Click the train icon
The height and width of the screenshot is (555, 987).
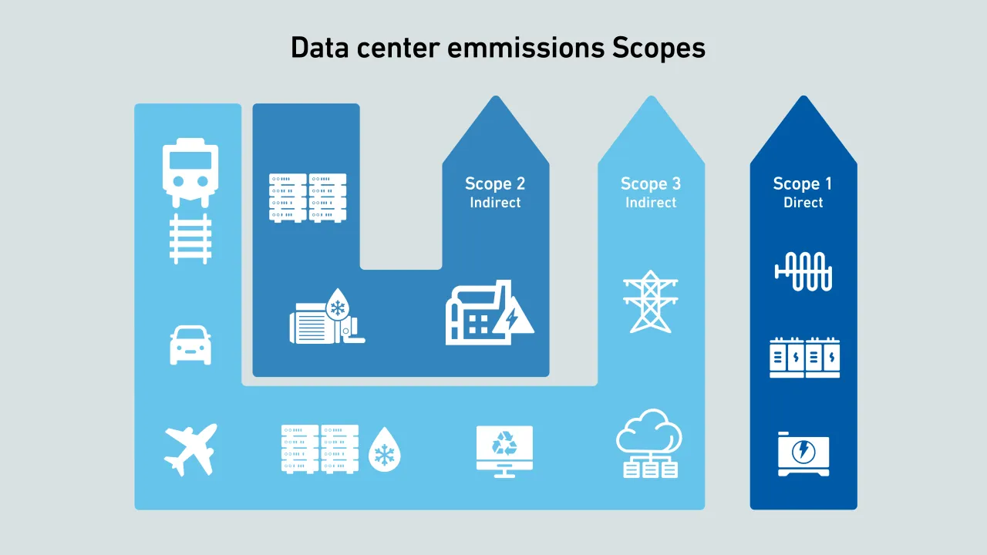190,173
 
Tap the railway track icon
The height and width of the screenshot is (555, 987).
190,239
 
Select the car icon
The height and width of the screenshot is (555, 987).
190,345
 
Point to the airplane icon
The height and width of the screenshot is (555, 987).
190,449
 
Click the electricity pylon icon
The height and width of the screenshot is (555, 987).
651,301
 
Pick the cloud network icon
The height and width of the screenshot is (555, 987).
649,443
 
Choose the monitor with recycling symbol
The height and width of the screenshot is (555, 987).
504,450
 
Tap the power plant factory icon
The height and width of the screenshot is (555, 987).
489,313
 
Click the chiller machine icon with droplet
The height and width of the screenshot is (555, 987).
325,317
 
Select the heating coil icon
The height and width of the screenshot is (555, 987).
803,271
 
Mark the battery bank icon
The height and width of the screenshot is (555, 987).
804,358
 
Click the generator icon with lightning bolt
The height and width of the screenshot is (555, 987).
803,454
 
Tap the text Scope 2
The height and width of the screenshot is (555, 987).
495,183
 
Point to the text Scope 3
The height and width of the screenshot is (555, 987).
650,183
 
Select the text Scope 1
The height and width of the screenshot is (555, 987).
803,183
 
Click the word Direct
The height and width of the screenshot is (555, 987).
803,203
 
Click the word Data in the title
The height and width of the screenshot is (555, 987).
319,48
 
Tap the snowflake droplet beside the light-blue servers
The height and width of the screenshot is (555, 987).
383,449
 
